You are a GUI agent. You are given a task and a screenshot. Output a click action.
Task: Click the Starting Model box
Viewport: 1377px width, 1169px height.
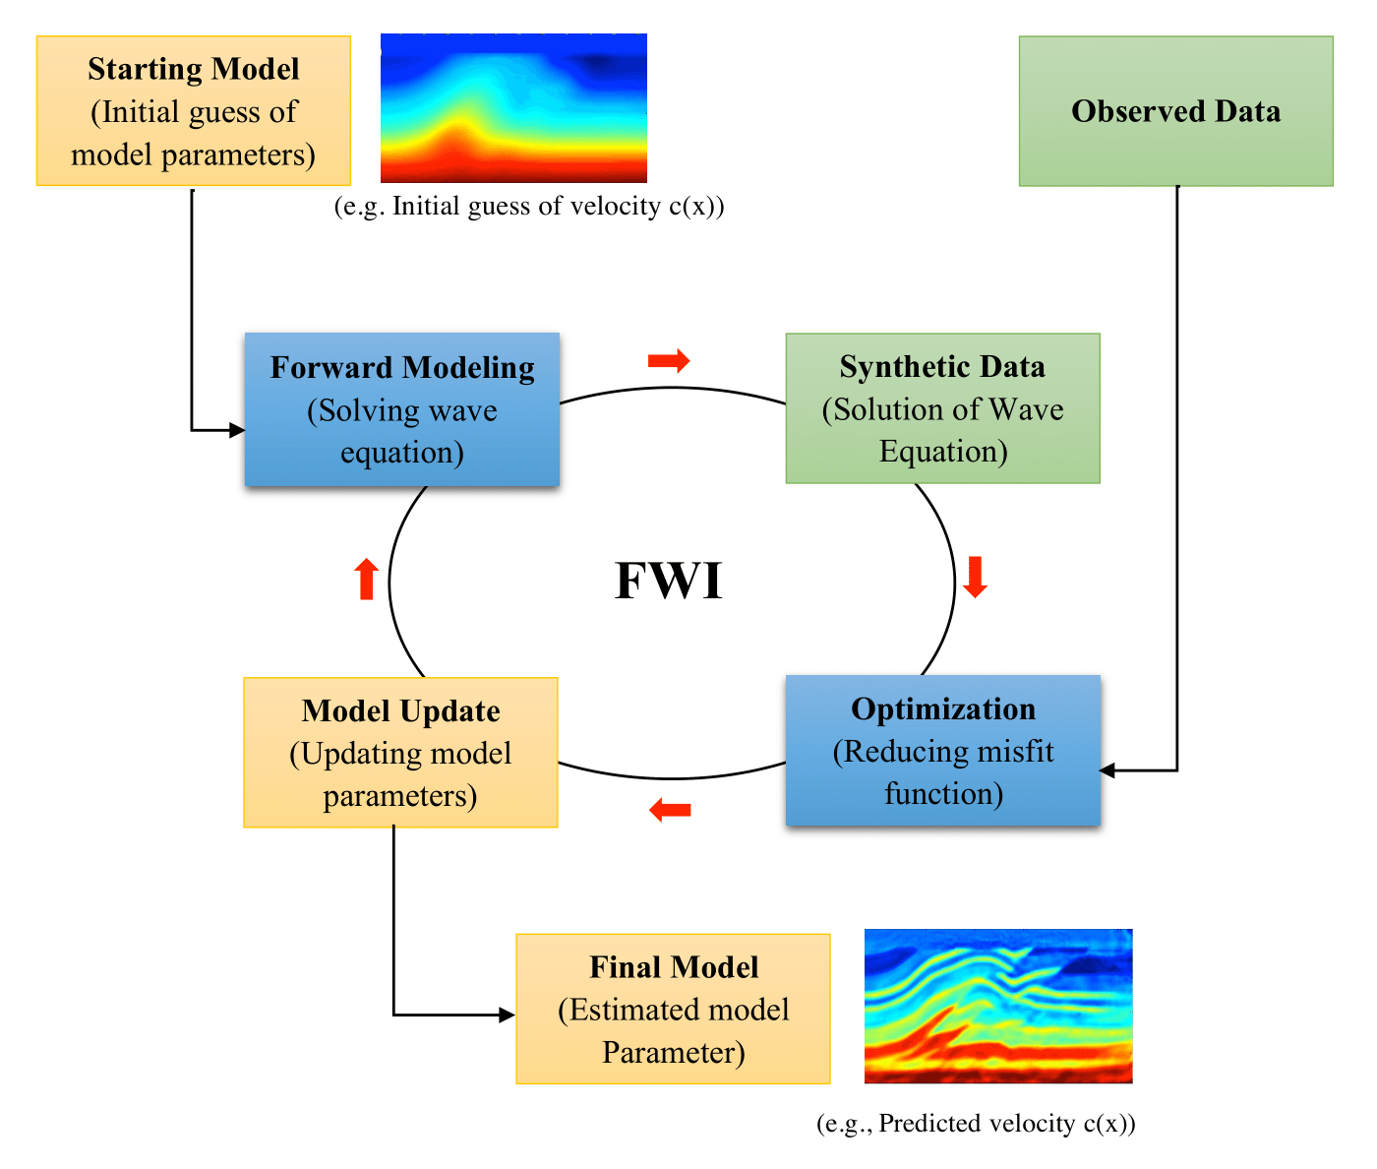pos(194,111)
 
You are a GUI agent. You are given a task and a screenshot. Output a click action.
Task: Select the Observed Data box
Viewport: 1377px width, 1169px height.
pos(1175,111)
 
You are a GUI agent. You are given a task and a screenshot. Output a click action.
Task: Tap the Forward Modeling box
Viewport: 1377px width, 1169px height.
pos(402,409)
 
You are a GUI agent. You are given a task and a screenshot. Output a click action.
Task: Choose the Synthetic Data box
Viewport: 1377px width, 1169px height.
pos(942,408)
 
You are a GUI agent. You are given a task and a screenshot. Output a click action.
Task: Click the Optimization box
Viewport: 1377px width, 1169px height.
pos(942,751)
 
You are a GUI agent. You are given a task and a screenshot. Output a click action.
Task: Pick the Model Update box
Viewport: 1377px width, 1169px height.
pos(400,753)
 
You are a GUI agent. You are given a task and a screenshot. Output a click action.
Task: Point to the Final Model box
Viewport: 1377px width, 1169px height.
pos(673,1010)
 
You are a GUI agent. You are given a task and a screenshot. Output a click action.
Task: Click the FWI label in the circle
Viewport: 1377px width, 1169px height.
pos(669,581)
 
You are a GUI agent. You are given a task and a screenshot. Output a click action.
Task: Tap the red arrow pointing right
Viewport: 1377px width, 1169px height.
pos(669,361)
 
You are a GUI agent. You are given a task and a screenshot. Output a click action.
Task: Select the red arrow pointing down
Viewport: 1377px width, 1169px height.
pos(975,578)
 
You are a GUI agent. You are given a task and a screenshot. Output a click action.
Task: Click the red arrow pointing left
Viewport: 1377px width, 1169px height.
pos(671,811)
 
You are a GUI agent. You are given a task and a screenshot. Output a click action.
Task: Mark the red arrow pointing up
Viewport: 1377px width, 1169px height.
pos(366,579)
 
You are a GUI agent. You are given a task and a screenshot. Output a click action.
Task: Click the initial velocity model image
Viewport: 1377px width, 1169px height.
pos(513,108)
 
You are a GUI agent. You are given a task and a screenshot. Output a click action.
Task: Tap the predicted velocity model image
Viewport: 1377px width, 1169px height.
pos(998,1006)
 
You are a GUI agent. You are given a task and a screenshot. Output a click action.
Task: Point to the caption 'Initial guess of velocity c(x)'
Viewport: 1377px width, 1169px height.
pos(529,207)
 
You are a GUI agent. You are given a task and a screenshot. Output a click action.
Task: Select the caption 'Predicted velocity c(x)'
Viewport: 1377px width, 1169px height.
pos(976,1124)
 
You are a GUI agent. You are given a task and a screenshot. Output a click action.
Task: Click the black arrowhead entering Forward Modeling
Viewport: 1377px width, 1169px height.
pos(237,430)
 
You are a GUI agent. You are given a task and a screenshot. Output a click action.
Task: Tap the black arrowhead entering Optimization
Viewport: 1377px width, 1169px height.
pos(1108,770)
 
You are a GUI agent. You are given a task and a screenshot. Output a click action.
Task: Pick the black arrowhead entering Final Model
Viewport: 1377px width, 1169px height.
pos(508,1015)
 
